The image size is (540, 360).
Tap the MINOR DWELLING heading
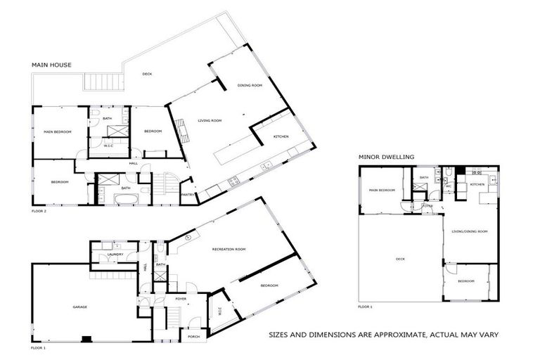click(x=386, y=156)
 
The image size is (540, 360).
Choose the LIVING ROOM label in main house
click(x=209, y=121)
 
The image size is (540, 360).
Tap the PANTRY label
click(x=187, y=195)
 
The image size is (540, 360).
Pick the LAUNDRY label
click(x=115, y=254)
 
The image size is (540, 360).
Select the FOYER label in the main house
click(x=180, y=299)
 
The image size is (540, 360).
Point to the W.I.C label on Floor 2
click(x=109, y=146)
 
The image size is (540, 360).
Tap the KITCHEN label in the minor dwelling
click(x=477, y=184)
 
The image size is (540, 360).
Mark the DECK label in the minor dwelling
click(x=400, y=259)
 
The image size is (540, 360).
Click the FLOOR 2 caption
click(x=39, y=210)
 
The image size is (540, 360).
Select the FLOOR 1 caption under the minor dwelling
click(x=365, y=307)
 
